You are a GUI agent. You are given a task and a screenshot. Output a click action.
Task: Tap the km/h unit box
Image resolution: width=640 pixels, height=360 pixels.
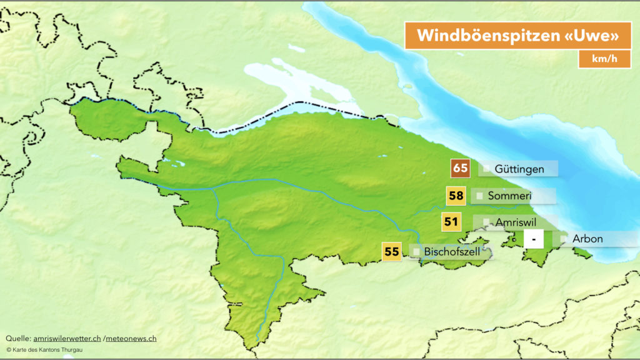click(604, 59)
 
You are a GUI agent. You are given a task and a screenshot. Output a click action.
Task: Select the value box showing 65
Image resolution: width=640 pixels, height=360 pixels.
click(461, 169)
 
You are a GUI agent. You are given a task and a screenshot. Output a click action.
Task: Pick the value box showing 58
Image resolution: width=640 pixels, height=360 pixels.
click(456, 196)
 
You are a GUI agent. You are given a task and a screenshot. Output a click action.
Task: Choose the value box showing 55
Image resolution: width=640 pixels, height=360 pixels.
click(392, 252)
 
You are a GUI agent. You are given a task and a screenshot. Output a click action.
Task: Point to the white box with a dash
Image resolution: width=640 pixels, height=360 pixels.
click(534, 239)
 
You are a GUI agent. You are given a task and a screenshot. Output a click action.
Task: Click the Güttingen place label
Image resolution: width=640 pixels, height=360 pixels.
click(519, 169)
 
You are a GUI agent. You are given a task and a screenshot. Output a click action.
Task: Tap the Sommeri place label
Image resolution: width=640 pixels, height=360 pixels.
click(509, 196)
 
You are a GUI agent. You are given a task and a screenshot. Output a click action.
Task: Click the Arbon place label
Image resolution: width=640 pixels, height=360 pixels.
click(588, 239)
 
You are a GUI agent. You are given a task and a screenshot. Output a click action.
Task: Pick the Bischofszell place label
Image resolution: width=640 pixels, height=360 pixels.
click(452, 252)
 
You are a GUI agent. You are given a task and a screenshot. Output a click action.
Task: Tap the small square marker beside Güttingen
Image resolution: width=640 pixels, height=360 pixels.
click(486, 169)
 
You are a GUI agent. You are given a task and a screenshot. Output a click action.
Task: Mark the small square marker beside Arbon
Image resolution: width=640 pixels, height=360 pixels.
click(564, 239)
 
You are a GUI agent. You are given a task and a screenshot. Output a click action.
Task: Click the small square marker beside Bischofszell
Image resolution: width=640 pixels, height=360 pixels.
click(416, 252)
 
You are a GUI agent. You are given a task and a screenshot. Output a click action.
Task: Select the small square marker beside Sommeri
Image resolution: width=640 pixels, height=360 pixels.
click(479, 196)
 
